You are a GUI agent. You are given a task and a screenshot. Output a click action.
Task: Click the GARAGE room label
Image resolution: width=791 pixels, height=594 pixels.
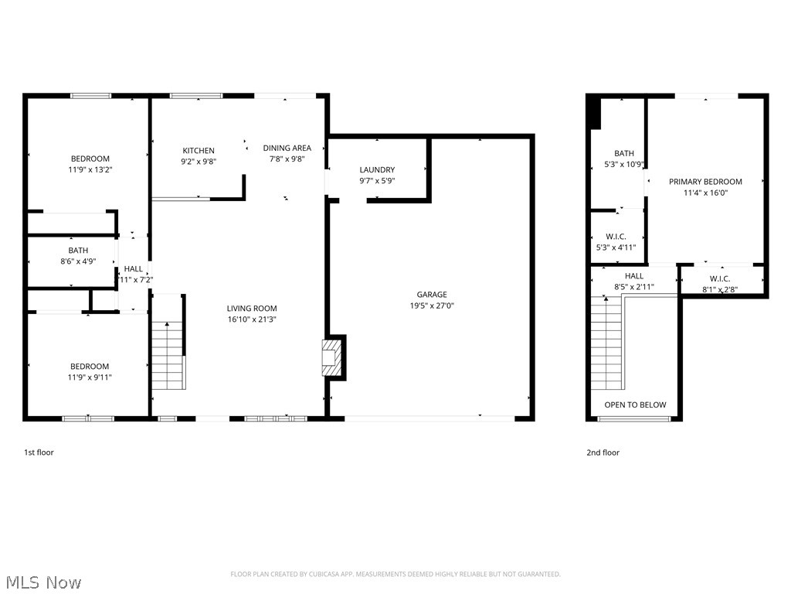(x=432, y=295)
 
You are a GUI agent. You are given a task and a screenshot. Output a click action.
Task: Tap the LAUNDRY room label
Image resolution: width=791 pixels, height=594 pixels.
(x=377, y=170)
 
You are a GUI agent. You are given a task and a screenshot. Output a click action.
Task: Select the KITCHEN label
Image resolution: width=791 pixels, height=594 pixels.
(x=199, y=151)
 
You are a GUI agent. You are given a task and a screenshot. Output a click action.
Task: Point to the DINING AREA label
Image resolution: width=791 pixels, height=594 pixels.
(x=287, y=148)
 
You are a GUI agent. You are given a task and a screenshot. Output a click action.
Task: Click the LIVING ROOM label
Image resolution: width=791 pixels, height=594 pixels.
(x=252, y=309)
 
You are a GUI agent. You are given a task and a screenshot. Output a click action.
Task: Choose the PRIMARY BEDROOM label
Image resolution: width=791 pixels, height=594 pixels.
(x=705, y=182)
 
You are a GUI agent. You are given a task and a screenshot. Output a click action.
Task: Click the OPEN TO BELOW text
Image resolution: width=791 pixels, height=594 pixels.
(x=635, y=405)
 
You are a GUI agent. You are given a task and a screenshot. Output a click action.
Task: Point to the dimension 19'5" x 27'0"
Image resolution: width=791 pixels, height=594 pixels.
(x=432, y=306)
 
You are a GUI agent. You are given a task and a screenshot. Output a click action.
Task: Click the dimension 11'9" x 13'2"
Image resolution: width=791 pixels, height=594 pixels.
(x=90, y=169)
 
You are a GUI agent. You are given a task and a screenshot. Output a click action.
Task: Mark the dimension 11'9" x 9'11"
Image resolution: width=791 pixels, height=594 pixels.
(x=90, y=377)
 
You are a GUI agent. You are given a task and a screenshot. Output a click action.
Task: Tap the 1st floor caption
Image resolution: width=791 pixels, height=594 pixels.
(x=39, y=452)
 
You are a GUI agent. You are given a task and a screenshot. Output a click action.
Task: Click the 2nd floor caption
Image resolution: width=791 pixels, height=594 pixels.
(x=603, y=452)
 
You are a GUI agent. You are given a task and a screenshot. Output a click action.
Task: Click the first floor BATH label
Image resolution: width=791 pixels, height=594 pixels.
(x=78, y=251)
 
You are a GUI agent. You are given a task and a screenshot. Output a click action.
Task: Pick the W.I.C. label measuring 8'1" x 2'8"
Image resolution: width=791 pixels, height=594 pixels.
(x=719, y=279)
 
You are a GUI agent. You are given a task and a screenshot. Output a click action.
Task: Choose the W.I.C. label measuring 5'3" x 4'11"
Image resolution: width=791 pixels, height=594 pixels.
(x=616, y=237)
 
